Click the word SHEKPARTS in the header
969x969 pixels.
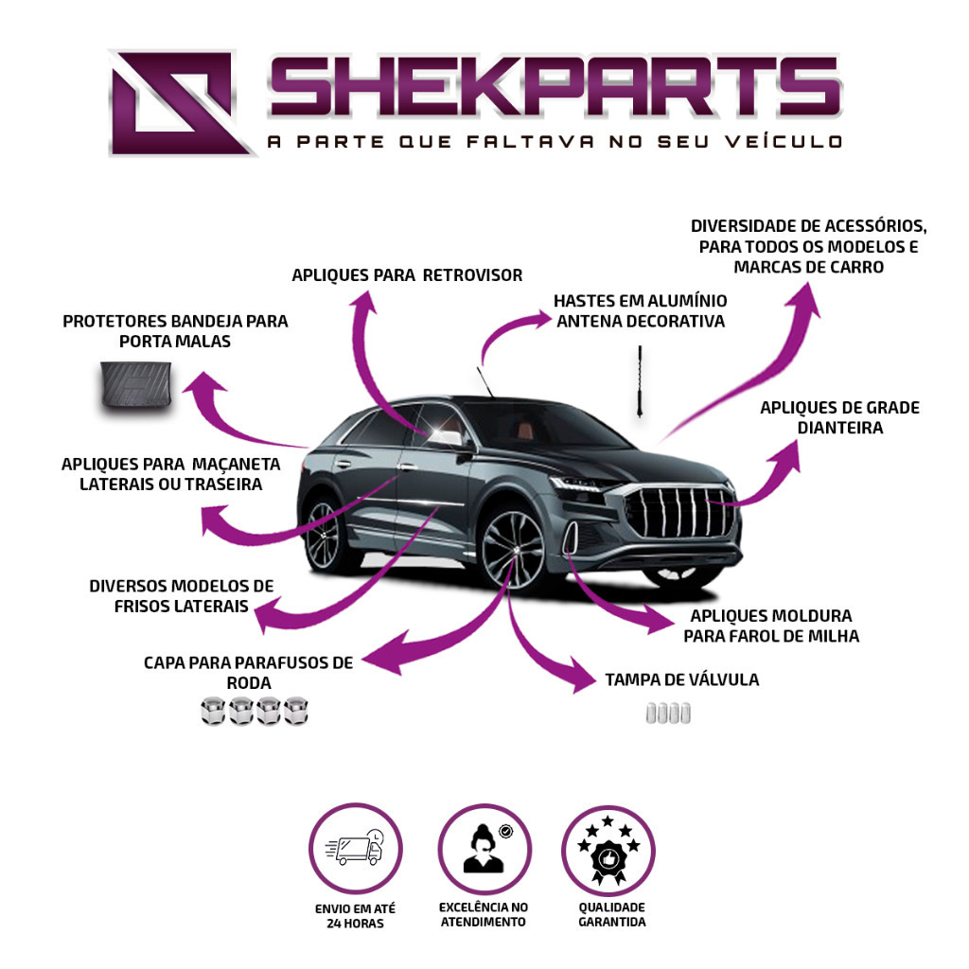click(555, 86)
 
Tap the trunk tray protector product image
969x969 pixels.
click(136, 386)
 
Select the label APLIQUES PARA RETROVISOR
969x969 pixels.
click(407, 275)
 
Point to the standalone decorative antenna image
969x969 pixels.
click(641, 381)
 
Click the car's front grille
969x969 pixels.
click(679, 512)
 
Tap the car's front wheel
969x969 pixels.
click(513, 549)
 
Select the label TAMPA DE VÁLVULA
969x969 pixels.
click(681, 679)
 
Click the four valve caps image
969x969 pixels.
click(668, 713)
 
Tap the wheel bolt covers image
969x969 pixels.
click(254, 711)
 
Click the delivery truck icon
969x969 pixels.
click(354, 849)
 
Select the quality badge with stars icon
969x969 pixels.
click(608, 850)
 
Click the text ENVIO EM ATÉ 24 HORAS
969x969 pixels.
click(355, 916)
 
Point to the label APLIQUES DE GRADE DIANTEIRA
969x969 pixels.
click(840, 417)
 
